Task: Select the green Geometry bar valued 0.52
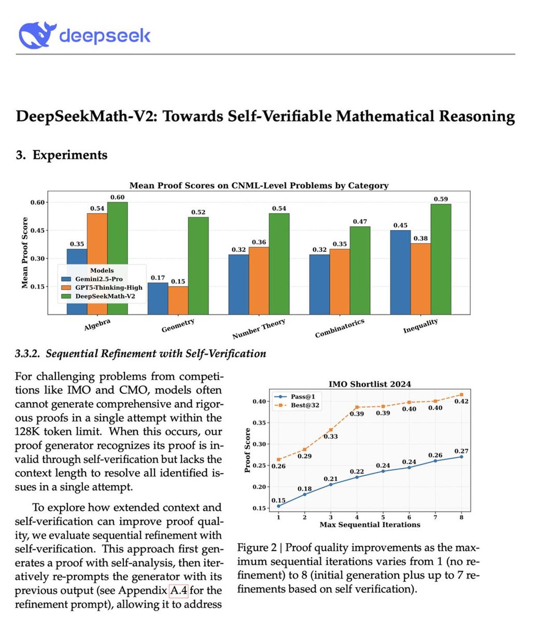(198, 265)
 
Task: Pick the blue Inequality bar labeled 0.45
(400, 272)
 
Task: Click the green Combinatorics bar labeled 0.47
(360, 270)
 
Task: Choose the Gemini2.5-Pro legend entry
(99, 279)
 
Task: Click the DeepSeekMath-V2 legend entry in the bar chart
(105, 296)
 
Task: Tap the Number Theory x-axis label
(259, 329)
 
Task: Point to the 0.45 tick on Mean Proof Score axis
(37, 231)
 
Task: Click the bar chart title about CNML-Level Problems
(259, 185)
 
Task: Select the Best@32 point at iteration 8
(461, 395)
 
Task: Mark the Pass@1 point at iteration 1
(279, 506)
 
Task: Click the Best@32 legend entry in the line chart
(305, 405)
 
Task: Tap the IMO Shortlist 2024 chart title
(370, 384)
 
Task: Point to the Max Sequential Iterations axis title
(370, 525)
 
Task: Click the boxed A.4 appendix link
(179, 590)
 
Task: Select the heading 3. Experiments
(62, 155)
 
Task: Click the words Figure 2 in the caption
(257, 548)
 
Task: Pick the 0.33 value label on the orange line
(331, 437)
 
